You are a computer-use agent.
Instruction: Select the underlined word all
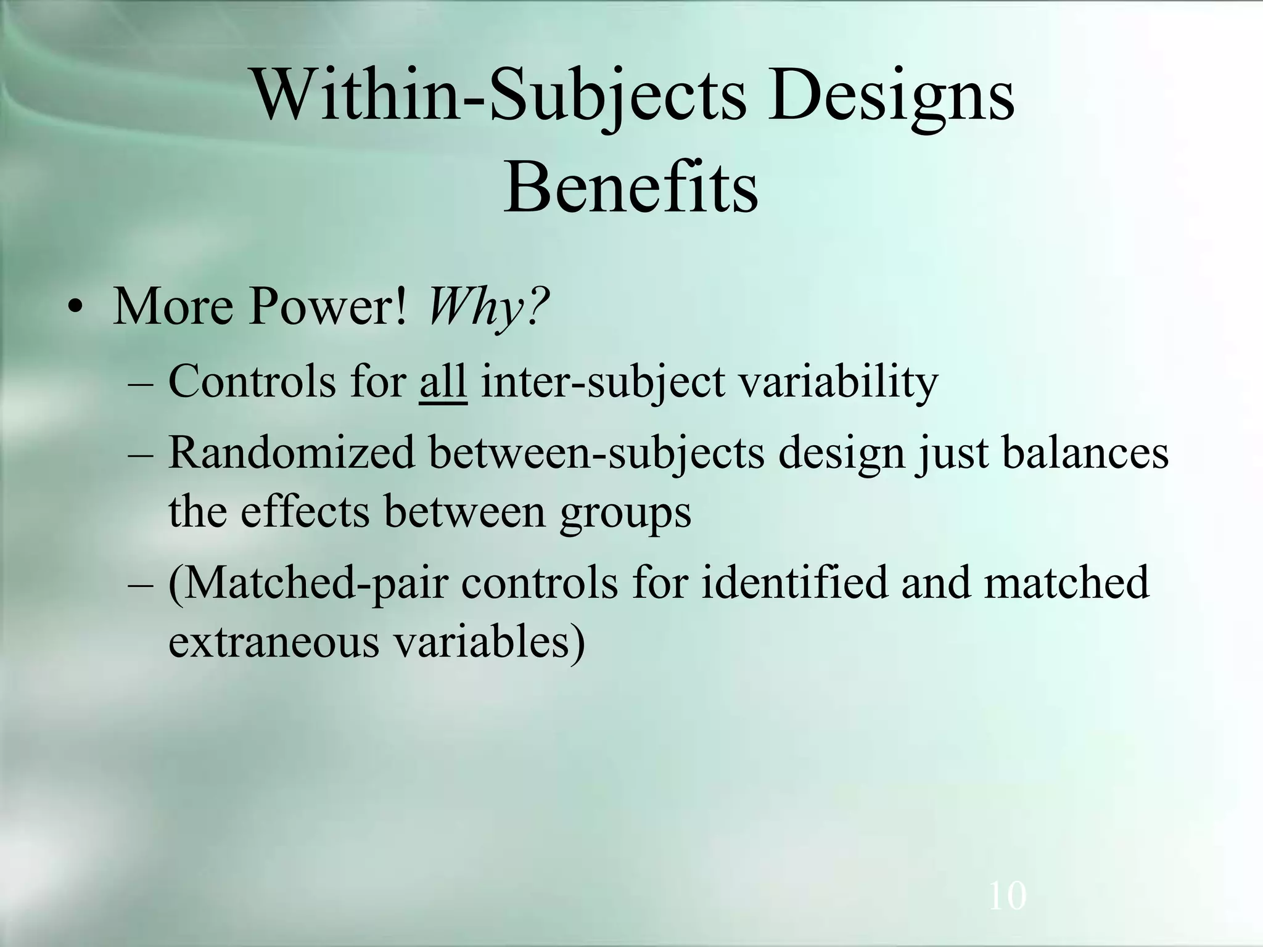click(442, 382)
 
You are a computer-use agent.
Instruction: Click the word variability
click(838, 382)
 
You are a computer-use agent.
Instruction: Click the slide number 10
click(1007, 895)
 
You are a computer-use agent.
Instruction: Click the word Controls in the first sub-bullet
click(252, 382)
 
